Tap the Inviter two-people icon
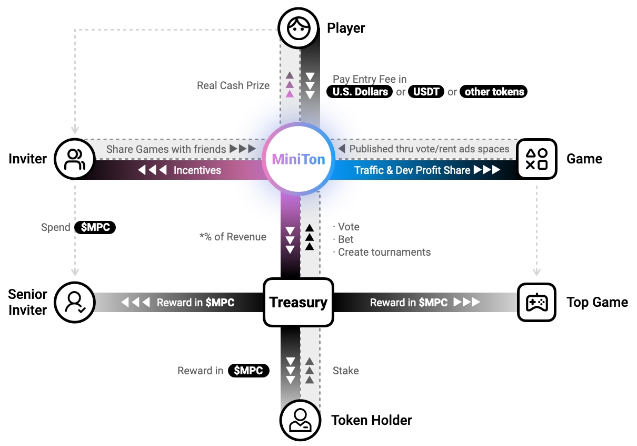(x=74, y=159)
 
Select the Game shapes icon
(x=537, y=159)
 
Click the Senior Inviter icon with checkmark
(x=74, y=302)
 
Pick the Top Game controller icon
(x=537, y=302)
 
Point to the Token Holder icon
(x=299, y=420)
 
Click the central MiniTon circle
(x=298, y=159)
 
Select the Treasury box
(x=298, y=302)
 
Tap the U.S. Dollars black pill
(x=360, y=92)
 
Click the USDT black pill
(x=426, y=92)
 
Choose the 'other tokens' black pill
(x=494, y=92)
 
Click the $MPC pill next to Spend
(x=95, y=227)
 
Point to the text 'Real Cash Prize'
(x=233, y=85)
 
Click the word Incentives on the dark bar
(x=197, y=170)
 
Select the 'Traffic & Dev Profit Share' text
(x=412, y=170)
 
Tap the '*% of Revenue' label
(x=233, y=237)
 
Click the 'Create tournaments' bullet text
(x=384, y=252)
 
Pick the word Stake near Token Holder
(x=345, y=371)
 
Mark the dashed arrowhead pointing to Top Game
(x=537, y=272)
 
